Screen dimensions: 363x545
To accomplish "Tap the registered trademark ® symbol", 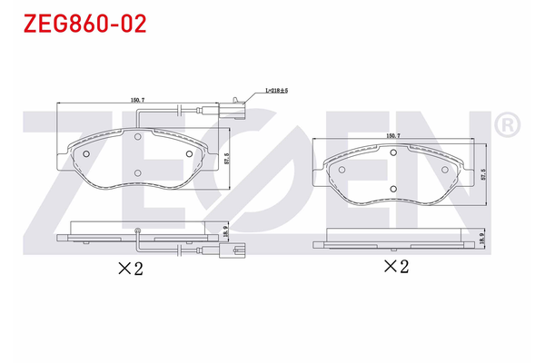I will (x=508, y=123).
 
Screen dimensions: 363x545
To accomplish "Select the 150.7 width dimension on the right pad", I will (x=394, y=136).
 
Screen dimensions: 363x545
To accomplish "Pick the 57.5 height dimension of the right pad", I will (x=482, y=174).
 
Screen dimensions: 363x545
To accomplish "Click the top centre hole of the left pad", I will (x=137, y=138).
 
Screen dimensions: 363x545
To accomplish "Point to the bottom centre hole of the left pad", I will (x=137, y=173).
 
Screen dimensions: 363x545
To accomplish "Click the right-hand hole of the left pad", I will (x=189, y=153).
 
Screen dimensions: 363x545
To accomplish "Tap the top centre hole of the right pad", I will (x=393, y=152).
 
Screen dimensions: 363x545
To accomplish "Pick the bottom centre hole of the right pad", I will (x=393, y=188).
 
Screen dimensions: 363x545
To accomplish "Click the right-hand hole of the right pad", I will (x=445, y=168).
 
